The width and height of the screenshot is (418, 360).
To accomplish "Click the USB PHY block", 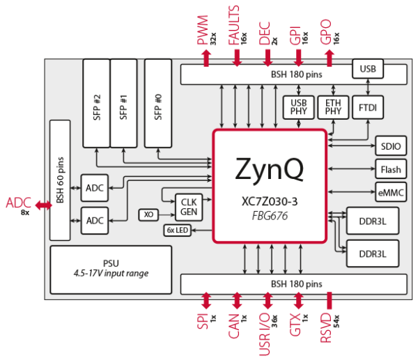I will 298,107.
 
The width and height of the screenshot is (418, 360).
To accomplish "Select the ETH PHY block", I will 333,107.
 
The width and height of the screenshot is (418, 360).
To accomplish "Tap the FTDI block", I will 368,107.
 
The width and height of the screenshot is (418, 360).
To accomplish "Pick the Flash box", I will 391,169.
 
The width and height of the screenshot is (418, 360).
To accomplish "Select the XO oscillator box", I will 149,214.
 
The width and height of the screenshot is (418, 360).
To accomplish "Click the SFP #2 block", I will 97,103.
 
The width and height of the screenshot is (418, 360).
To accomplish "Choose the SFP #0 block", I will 158,103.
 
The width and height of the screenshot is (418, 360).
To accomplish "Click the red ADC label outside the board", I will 19,204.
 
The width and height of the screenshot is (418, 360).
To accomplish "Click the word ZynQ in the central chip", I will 270,169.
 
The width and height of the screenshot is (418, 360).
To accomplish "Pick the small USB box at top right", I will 368,68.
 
